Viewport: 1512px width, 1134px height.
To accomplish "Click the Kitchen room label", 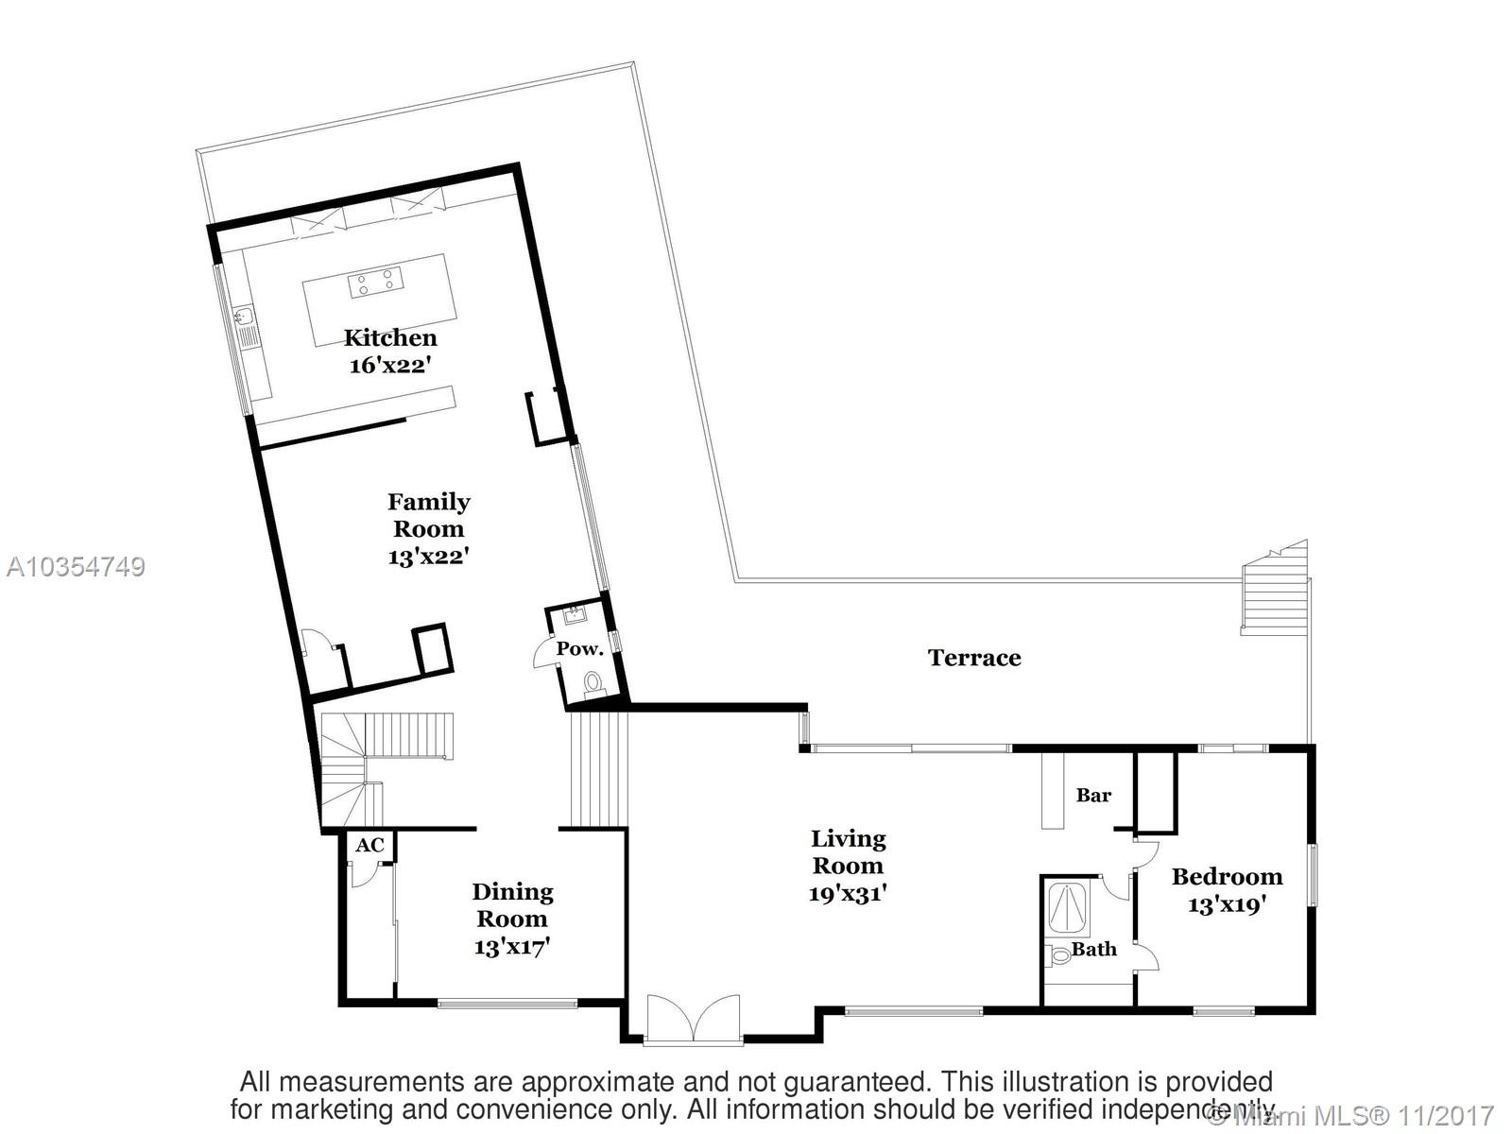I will click(x=390, y=337).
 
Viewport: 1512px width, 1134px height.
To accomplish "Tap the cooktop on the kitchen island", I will click(x=375, y=283).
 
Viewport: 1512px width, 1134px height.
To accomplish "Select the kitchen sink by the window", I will click(x=244, y=317).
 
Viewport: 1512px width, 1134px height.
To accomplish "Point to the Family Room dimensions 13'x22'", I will click(x=428, y=557).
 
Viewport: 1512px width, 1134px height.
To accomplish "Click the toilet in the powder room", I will click(x=593, y=681).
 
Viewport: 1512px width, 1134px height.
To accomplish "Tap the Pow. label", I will click(x=579, y=649).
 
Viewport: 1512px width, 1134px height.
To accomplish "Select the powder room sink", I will click(x=575, y=616).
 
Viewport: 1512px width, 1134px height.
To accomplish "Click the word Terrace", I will click(x=974, y=658).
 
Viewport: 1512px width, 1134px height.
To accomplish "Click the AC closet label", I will click(x=369, y=845).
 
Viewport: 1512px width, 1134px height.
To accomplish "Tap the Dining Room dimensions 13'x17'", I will click(x=512, y=946).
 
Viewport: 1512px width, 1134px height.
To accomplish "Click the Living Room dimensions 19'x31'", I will click(x=848, y=893).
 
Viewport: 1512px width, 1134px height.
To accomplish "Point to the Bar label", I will click(x=1093, y=796).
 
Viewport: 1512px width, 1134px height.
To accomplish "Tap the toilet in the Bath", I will click(x=1060, y=954).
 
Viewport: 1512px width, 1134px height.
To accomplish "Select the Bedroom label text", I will click(x=1227, y=876).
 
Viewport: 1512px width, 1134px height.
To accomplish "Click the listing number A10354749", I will click(x=76, y=567).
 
